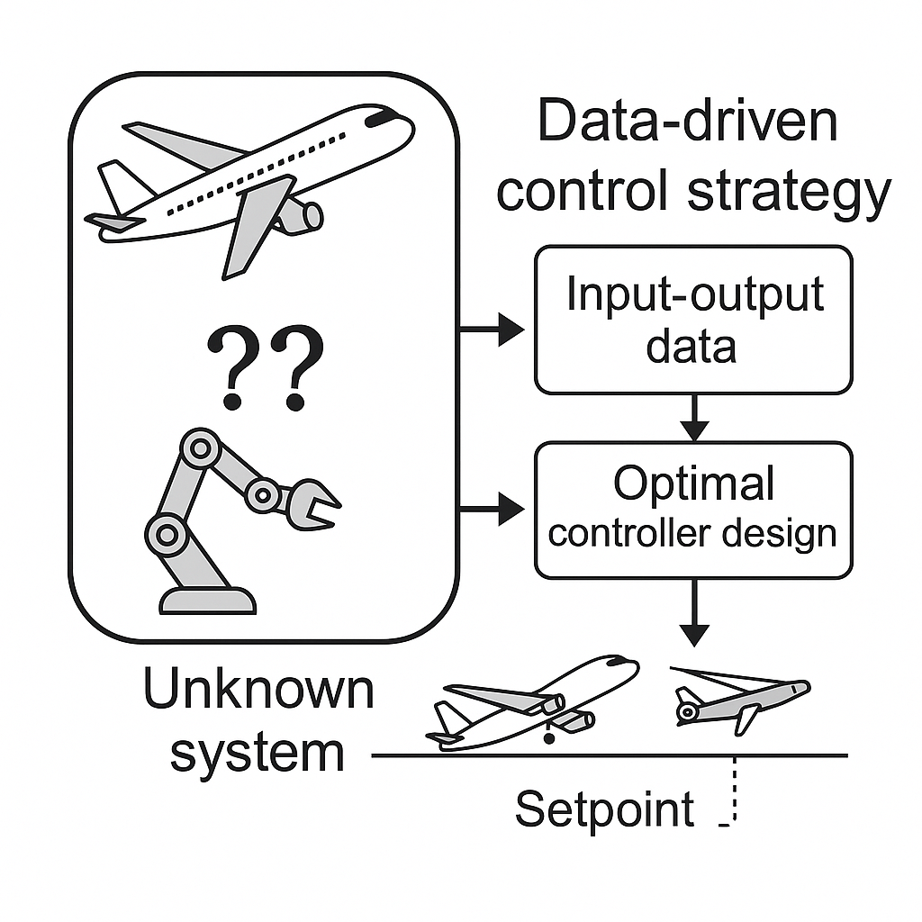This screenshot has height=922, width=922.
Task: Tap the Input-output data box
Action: (693, 320)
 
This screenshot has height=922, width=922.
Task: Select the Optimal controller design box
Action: (693, 509)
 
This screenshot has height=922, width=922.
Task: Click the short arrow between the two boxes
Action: (693, 418)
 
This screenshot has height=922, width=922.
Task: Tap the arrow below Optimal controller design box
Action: (693, 612)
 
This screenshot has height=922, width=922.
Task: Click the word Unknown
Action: (258, 690)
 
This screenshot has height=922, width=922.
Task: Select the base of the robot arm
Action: (207, 600)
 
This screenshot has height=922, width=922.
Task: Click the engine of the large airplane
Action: (302, 216)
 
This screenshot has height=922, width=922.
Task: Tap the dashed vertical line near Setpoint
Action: (736, 790)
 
